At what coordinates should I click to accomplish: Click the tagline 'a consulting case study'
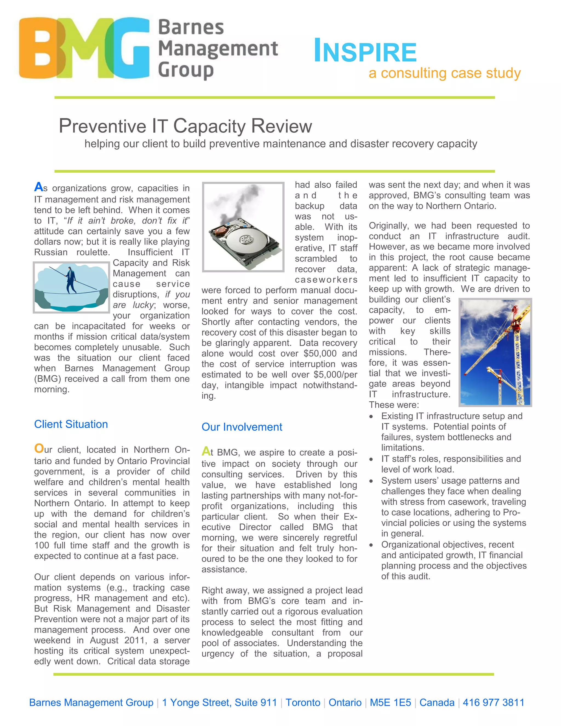pyautogui.click(x=444, y=73)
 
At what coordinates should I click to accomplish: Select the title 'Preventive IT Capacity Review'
pyautogui.click(x=185, y=126)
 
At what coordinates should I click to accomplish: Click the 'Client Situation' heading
pyautogui.click(x=71, y=424)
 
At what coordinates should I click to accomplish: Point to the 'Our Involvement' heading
pyautogui.click(x=242, y=427)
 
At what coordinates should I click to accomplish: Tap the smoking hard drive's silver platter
pyautogui.click(x=246, y=239)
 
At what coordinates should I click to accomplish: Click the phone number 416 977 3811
pyautogui.click(x=494, y=702)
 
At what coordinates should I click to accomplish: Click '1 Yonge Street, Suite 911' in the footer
pyautogui.click(x=219, y=702)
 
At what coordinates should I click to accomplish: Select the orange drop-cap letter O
pyautogui.click(x=39, y=448)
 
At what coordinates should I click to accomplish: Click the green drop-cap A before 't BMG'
pyautogui.click(x=206, y=451)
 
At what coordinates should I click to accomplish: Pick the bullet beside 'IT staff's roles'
pyautogui.click(x=371, y=459)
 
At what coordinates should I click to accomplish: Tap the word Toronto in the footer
pyautogui.click(x=303, y=702)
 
